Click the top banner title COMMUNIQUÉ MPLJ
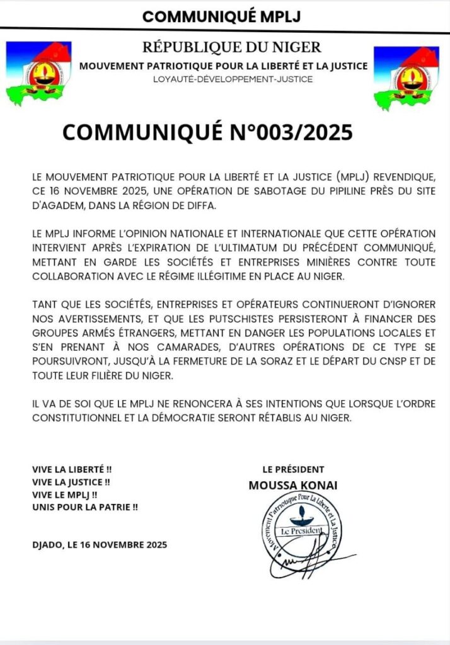[225, 16]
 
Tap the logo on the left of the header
[38, 72]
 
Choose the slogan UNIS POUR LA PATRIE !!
[84, 506]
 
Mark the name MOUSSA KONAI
[294, 486]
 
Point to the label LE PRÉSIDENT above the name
[293, 469]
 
